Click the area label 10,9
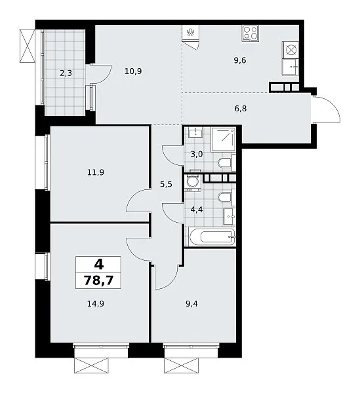(133, 71)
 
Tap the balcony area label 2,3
(66, 73)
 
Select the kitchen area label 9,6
(240, 60)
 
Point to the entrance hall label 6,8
(241, 109)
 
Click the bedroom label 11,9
(96, 172)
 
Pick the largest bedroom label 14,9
(96, 304)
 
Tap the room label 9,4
(191, 304)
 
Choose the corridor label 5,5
(166, 185)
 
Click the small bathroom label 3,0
(197, 154)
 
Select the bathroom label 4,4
(197, 210)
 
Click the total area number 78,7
(98, 280)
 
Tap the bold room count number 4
(99, 264)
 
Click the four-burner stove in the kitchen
(250, 33)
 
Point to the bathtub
(212, 236)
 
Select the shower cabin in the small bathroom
(223, 140)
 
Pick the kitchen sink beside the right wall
(290, 67)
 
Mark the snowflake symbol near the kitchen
(191, 32)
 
